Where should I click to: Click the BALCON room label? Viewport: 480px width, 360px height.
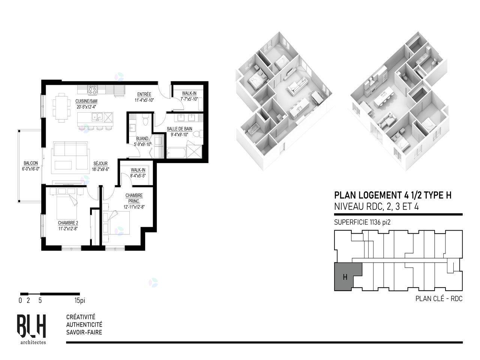(x=31, y=163)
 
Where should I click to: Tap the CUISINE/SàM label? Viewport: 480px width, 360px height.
(x=86, y=101)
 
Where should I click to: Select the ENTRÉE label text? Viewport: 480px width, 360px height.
(x=144, y=94)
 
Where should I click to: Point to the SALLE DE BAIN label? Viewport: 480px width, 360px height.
(x=180, y=129)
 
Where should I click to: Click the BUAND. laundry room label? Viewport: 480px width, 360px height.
(x=142, y=139)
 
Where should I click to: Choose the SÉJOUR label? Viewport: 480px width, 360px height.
(x=100, y=163)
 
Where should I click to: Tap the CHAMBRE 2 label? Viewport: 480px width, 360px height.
(x=68, y=223)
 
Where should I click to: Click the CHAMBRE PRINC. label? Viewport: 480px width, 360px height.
(x=134, y=198)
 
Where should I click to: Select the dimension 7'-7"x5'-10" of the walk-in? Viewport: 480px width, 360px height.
(x=189, y=99)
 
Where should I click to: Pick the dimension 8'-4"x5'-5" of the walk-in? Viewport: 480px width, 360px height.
(x=138, y=175)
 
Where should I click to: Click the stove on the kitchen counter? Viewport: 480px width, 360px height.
(x=93, y=90)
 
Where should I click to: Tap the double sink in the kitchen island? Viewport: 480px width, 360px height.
(x=97, y=117)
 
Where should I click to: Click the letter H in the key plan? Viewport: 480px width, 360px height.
(x=345, y=277)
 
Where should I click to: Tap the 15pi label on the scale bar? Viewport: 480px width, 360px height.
(x=79, y=300)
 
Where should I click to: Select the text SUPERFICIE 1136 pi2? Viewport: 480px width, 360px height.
(x=362, y=222)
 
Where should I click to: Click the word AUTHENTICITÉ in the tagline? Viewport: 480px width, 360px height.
(x=84, y=325)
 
